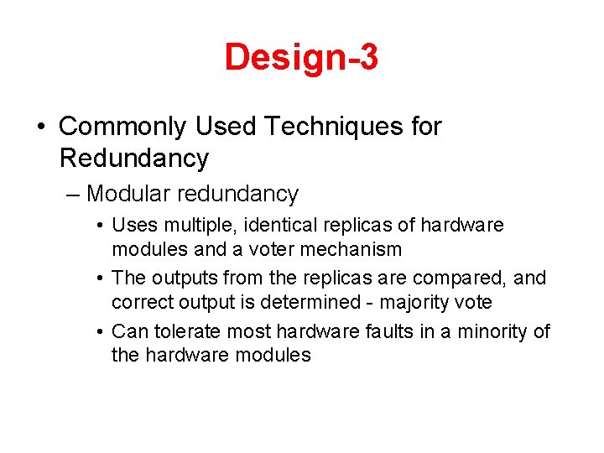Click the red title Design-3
[x=301, y=57]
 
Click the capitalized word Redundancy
[x=134, y=158]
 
